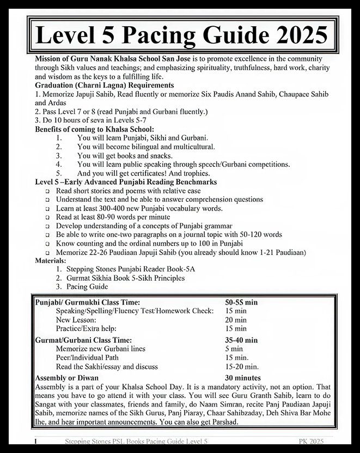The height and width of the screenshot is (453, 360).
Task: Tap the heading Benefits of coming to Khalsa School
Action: pyautogui.click(x=94, y=129)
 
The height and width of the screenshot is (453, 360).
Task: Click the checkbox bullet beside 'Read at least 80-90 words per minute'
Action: pyautogui.click(x=48, y=217)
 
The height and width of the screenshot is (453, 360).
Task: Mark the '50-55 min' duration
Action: pyautogui.click(x=241, y=302)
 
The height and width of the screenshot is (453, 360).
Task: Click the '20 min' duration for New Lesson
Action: pyautogui.click(x=236, y=319)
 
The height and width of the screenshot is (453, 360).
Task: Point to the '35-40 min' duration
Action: pyautogui.click(x=241, y=340)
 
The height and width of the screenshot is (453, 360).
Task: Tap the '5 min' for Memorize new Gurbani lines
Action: pyautogui.click(x=234, y=349)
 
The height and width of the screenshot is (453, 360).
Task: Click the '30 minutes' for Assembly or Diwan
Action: pyautogui.click(x=243, y=378)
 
